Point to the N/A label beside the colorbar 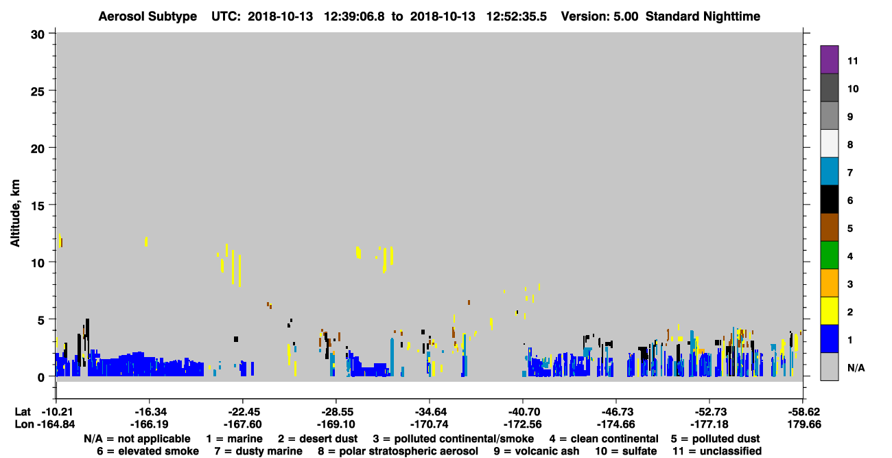(856, 368)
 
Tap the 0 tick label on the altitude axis (41, 377)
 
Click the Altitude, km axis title (14, 214)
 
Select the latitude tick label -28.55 (336, 412)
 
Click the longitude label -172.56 (522, 424)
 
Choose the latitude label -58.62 (804, 412)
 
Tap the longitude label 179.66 (804, 424)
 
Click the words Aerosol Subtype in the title (148, 16)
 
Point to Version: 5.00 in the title (600, 16)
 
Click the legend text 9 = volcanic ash (537, 451)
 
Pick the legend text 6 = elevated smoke (148, 451)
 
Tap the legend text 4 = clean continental (604, 439)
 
